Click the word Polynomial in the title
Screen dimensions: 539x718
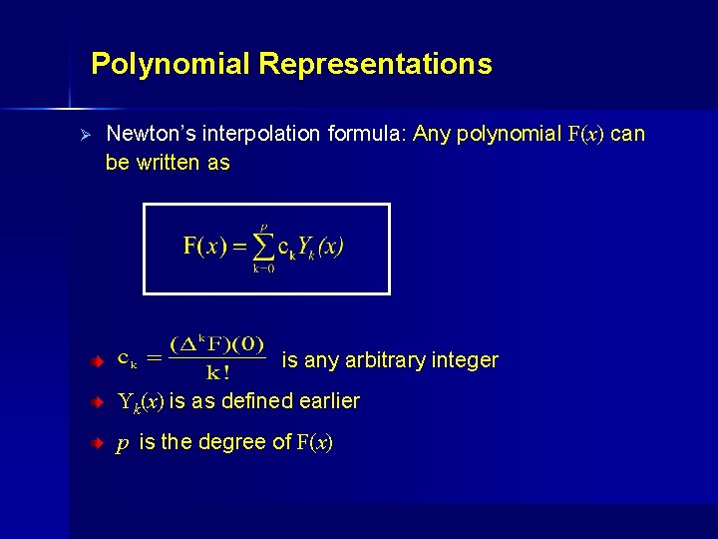[171, 65]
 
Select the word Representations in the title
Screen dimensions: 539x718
[375, 65]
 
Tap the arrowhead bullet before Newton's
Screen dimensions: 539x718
[86, 134]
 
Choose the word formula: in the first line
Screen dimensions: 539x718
[371, 134]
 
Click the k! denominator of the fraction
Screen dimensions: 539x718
[217, 373]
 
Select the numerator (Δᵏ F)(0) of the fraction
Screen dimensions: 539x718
[217, 345]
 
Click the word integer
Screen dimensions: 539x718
[465, 360]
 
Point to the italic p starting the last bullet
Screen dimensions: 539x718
[123, 442]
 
